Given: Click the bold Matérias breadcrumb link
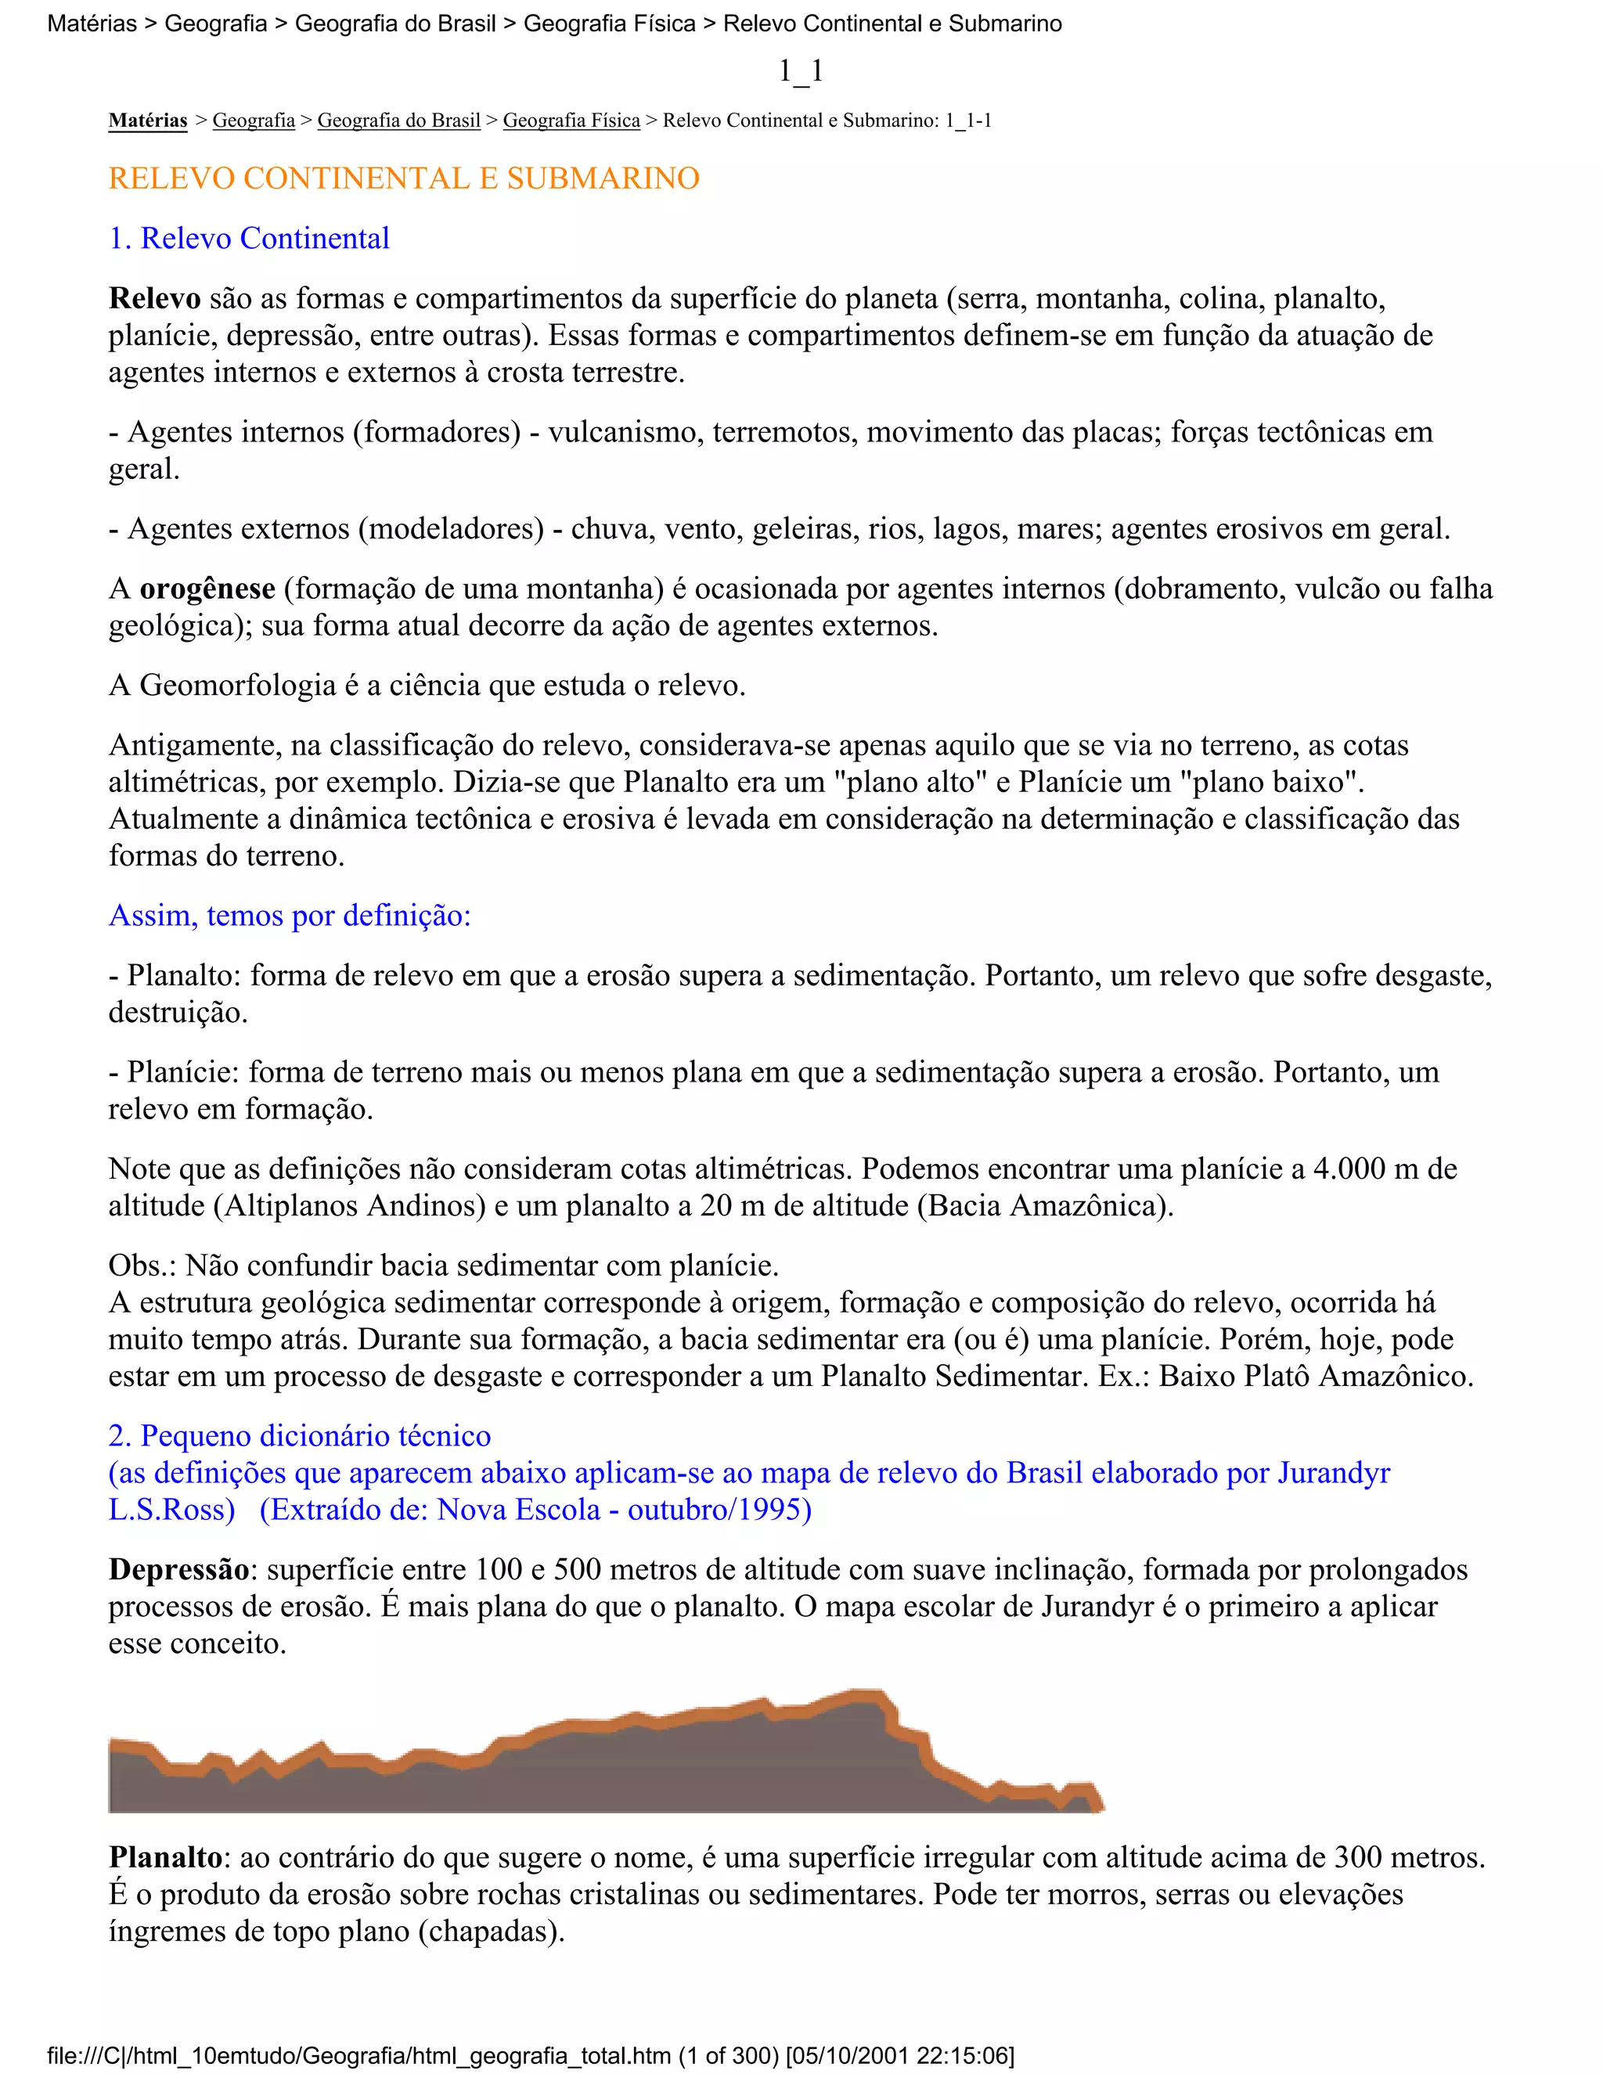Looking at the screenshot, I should (x=147, y=121).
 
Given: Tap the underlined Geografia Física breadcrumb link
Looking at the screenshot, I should (x=571, y=121).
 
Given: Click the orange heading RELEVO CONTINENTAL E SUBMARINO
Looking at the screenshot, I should (x=404, y=178).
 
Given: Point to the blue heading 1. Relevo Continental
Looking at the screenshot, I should (x=249, y=239).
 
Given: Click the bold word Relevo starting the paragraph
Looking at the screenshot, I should (x=154, y=298).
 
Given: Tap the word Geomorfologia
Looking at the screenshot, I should (x=237, y=685).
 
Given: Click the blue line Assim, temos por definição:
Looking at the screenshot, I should (x=290, y=916).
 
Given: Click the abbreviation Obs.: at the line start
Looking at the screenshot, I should (x=142, y=1265).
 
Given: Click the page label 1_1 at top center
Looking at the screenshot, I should (x=801, y=70).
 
